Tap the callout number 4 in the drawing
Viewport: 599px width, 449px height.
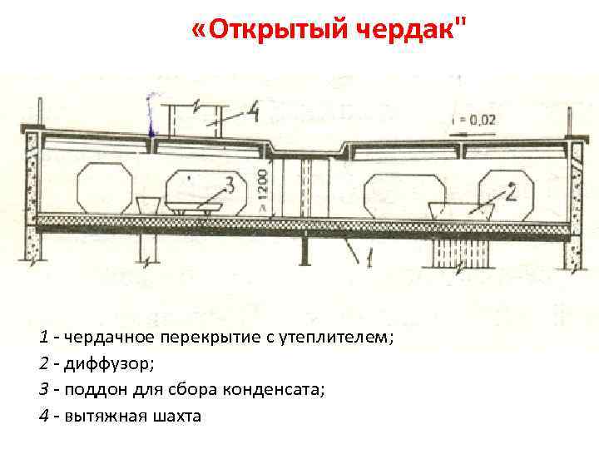255,111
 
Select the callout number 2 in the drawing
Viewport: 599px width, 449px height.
511,193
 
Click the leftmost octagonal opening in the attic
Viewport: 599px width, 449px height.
104,190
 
